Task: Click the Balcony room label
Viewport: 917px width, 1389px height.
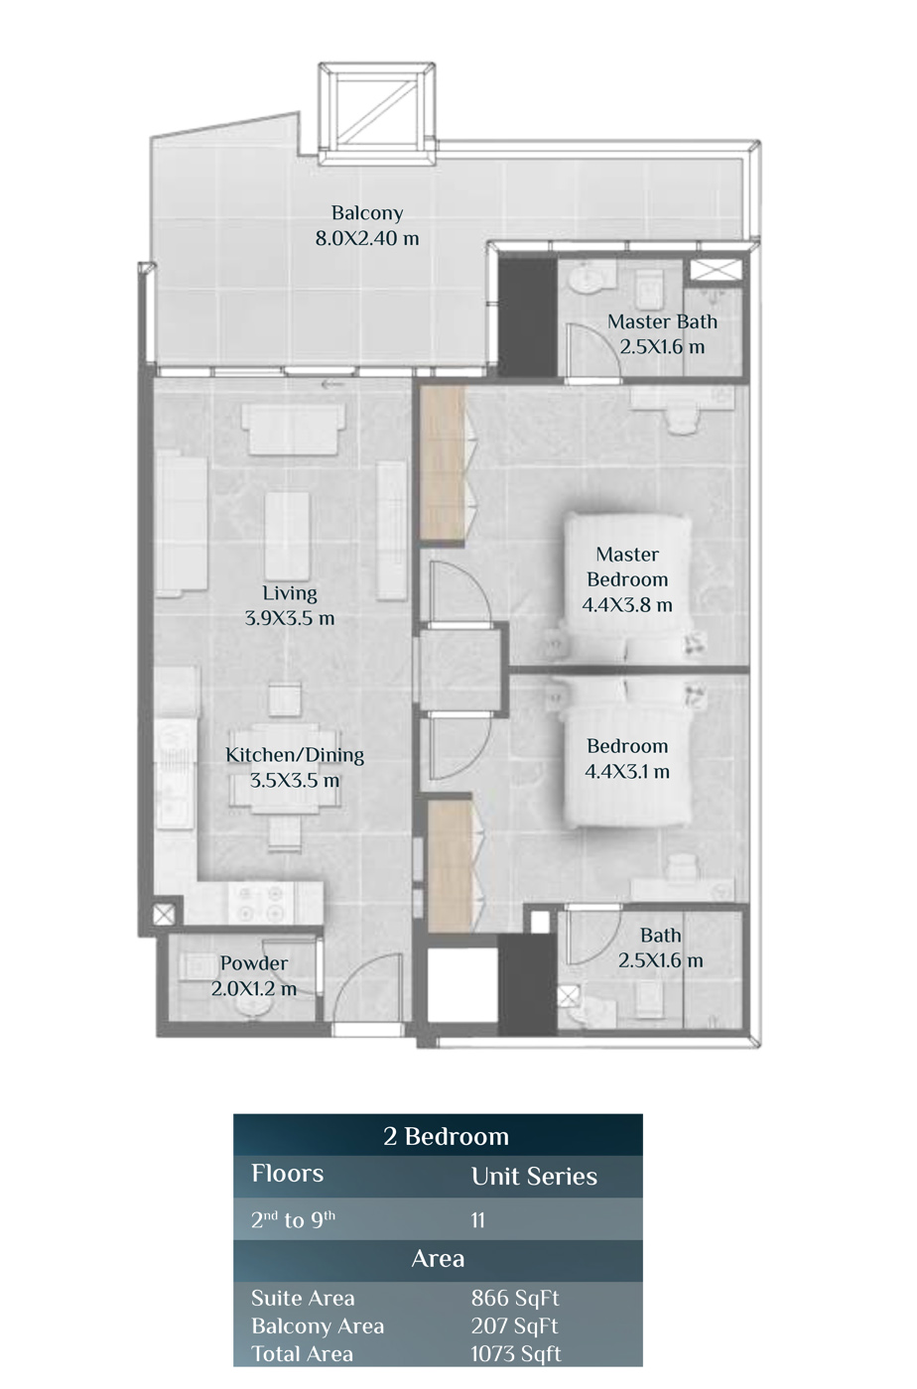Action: point(366,212)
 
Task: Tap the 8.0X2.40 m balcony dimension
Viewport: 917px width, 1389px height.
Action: point(366,238)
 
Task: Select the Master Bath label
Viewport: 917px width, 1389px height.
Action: point(662,321)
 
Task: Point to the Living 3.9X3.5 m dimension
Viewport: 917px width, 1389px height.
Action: point(290,618)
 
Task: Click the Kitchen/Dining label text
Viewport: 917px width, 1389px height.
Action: point(295,755)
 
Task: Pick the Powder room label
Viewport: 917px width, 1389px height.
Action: point(254,963)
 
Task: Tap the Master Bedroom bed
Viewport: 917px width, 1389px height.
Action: point(627,587)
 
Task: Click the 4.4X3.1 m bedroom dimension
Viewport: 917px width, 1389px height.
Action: point(627,772)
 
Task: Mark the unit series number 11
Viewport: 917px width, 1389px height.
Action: point(477,1220)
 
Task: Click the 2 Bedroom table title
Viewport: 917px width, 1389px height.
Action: point(446,1137)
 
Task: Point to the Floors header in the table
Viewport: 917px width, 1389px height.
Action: point(287,1173)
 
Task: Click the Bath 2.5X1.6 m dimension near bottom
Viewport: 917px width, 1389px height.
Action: point(661,960)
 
